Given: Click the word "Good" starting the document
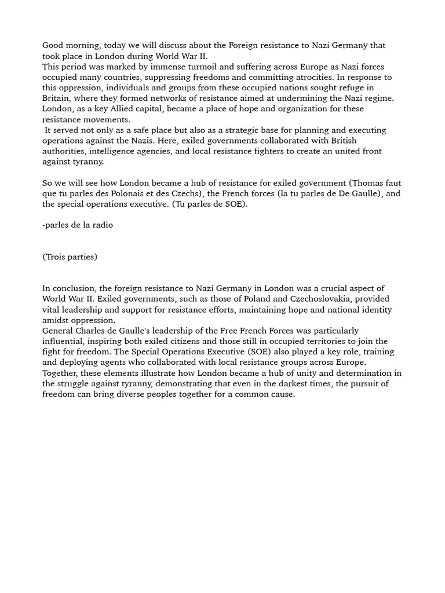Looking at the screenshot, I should pyautogui.click(x=53, y=45).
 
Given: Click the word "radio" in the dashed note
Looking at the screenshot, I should pyautogui.click(x=101, y=225).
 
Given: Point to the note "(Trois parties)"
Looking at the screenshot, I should pyautogui.click(x=70, y=257).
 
